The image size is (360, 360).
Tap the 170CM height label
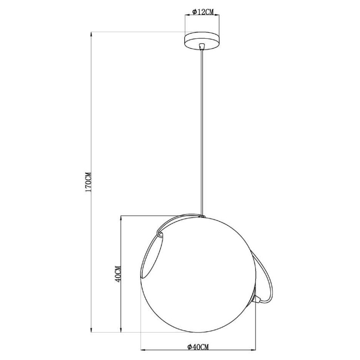(x=87, y=182)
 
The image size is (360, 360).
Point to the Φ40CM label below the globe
(x=197, y=346)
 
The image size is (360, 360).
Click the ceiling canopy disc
(x=202, y=41)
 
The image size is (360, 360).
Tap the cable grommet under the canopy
(x=202, y=46)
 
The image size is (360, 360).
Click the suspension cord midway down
(x=202, y=133)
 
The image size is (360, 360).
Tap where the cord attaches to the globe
(x=202, y=216)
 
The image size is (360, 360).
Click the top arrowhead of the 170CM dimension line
(x=91, y=34)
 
